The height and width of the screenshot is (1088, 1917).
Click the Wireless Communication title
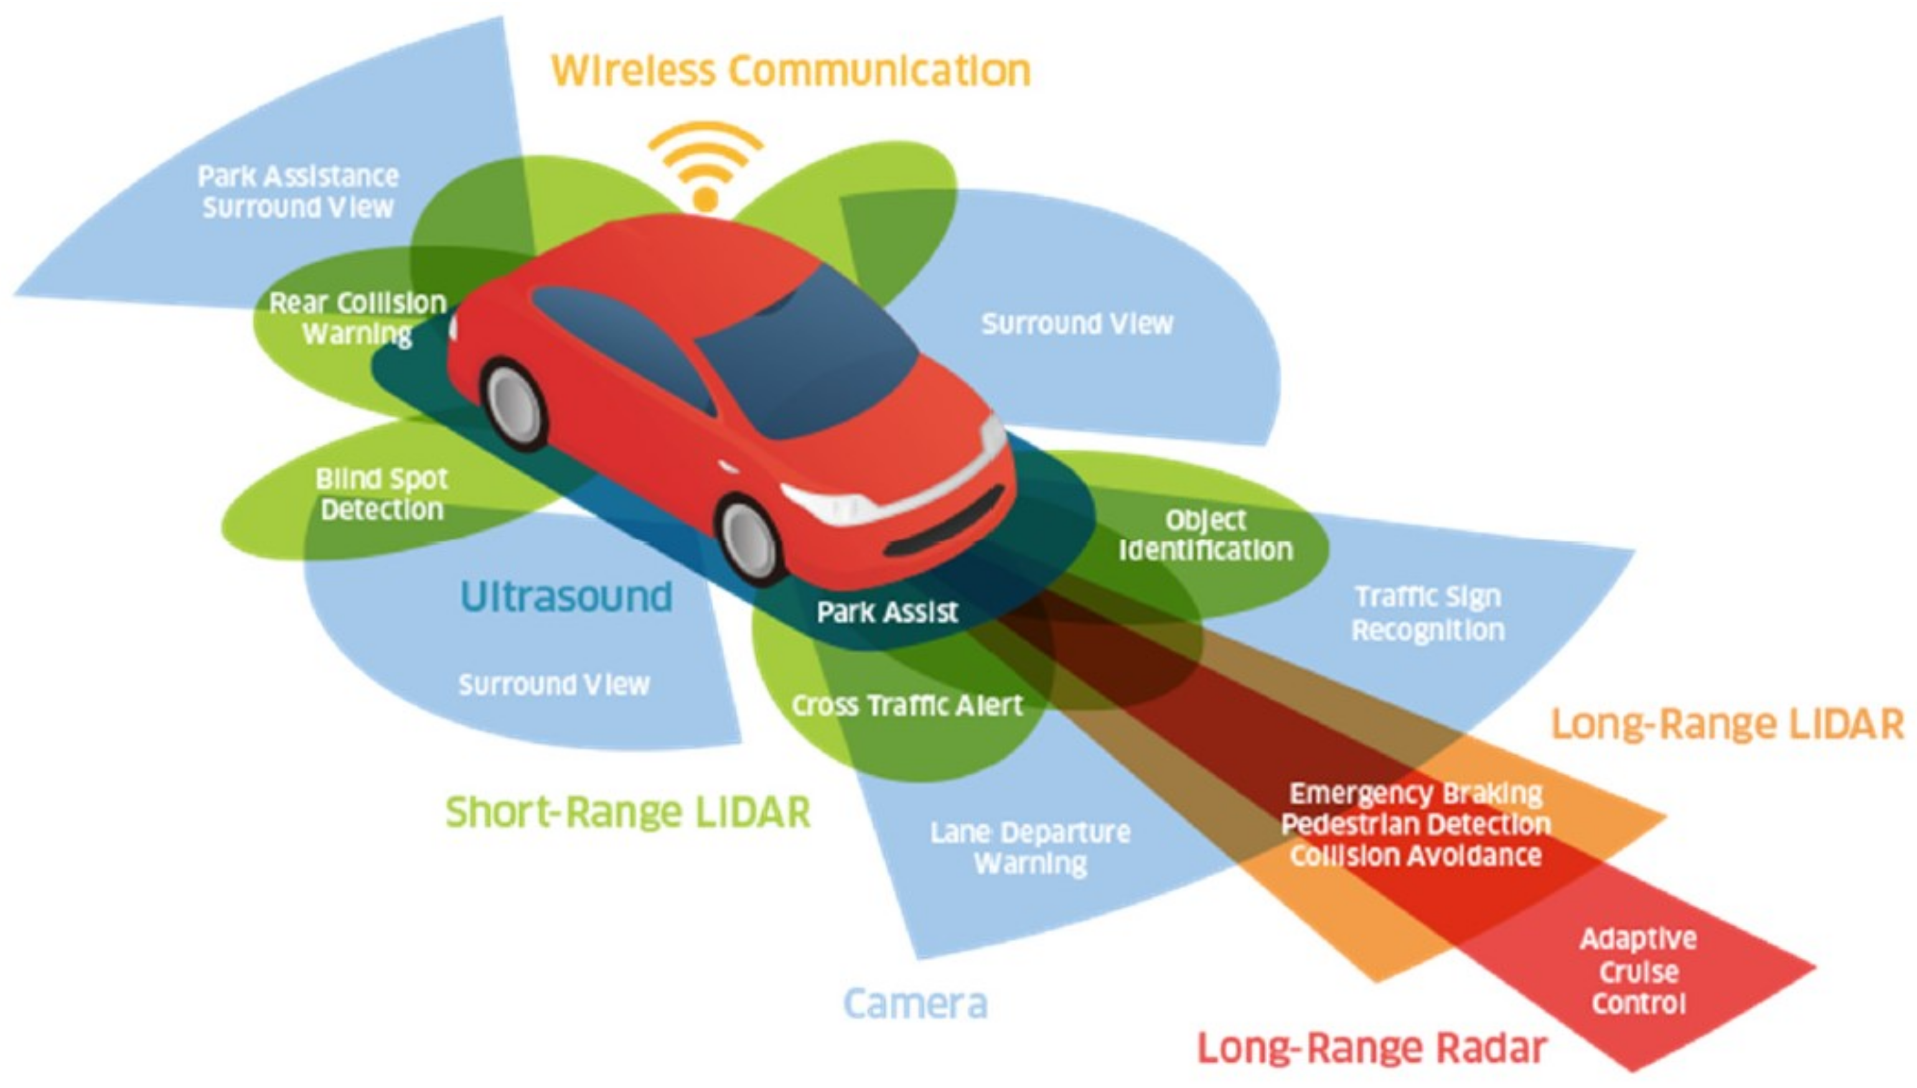[x=790, y=71]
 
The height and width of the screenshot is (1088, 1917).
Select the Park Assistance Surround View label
[x=298, y=192]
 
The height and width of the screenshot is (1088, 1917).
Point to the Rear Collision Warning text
[x=357, y=318]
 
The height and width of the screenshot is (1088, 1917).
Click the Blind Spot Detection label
[x=382, y=494]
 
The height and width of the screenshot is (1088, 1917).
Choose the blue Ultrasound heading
[x=566, y=597]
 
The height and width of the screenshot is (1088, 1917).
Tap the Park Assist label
[x=887, y=613]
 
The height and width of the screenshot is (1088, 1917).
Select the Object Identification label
[x=1205, y=535]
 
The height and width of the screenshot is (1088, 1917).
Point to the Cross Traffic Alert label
[x=907, y=705]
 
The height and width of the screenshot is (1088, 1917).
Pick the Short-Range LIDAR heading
[x=627, y=812]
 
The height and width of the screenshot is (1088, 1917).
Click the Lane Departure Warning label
[x=1030, y=848]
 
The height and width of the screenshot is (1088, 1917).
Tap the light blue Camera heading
[x=915, y=1003]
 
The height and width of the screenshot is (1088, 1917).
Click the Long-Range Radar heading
[x=1372, y=1048]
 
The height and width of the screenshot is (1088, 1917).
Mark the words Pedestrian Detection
[x=1416, y=825]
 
